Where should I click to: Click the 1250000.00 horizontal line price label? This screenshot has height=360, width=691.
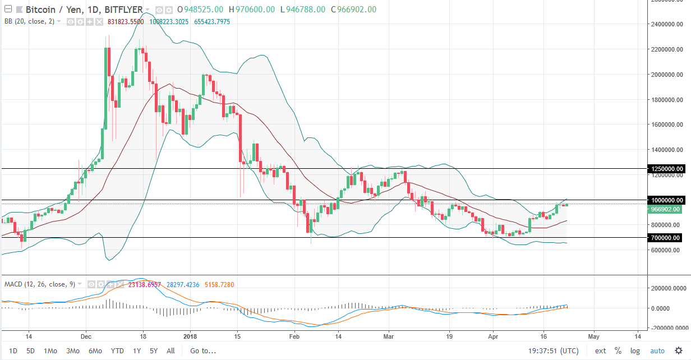coord(666,168)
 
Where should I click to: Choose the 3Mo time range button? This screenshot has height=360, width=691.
coord(72,351)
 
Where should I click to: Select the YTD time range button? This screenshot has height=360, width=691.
coord(117,351)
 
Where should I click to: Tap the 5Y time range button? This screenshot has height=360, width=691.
coord(153,351)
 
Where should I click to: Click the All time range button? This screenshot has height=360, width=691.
coord(171,351)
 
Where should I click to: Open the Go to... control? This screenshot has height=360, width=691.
coord(202,351)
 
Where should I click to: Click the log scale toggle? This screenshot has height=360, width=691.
coord(634,351)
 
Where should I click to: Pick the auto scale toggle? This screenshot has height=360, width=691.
coord(657,351)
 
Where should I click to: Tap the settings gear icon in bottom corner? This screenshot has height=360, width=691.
coord(679,351)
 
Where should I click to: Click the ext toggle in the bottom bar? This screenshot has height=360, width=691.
coord(600,351)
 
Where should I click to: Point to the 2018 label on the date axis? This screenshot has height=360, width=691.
coord(190,337)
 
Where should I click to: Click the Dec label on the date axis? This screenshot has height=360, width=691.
coord(86,337)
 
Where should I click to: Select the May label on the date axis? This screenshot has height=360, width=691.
coord(593,337)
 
